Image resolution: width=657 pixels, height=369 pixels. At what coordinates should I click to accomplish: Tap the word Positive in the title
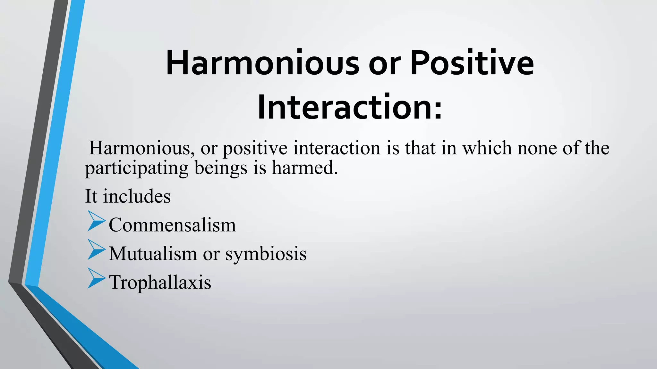[x=472, y=63]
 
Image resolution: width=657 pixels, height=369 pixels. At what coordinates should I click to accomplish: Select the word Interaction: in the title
[x=350, y=107]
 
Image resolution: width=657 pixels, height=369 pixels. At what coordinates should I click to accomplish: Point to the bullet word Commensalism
[x=172, y=225]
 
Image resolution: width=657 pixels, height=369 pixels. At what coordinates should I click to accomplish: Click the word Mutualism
[x=153, y=254]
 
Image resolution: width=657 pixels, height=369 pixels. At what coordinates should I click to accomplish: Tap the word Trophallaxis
[x=160, y=283]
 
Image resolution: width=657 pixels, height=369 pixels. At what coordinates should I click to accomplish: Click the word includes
[x=137, y=196]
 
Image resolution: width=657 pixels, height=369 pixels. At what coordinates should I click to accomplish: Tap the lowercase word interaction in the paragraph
[x=337, y=148]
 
